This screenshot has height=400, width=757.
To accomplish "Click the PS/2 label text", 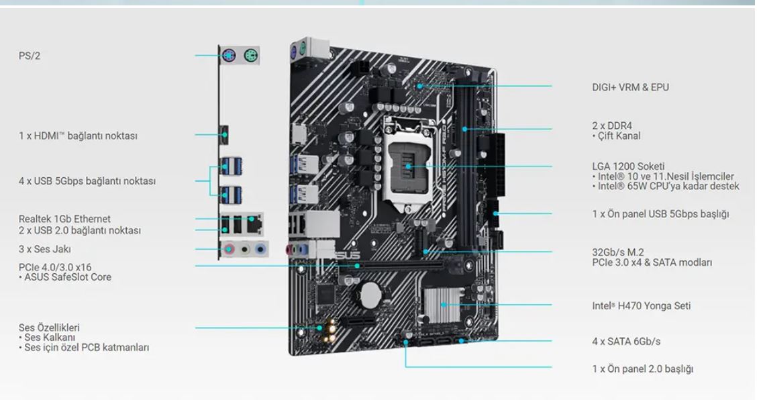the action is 30,56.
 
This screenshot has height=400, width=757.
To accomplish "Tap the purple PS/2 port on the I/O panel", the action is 228,56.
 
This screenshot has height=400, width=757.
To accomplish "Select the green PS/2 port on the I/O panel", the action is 250,56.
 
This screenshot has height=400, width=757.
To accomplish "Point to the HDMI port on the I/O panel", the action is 224,135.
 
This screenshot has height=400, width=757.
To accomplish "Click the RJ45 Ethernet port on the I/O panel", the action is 254,223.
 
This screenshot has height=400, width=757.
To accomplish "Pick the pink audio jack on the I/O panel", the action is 230,250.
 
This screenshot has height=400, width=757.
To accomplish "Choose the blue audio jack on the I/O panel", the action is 260,250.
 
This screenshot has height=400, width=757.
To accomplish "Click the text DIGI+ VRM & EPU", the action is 631,87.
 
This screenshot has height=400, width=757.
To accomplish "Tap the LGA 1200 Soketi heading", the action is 628,166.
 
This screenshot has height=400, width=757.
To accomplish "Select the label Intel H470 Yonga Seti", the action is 641,306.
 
